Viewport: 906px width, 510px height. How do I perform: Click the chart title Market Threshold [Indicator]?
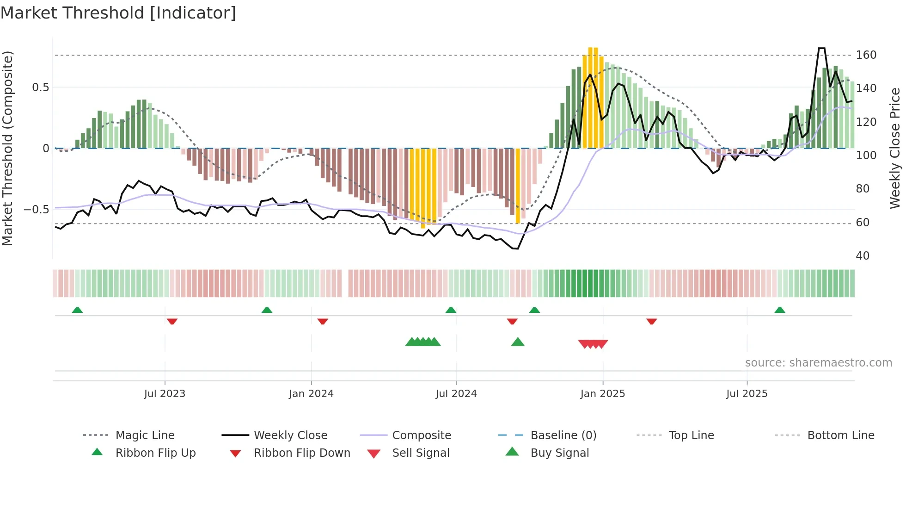pos(118,13)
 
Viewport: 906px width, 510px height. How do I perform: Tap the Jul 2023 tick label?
pos(165,394)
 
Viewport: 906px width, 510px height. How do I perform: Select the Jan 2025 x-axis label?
pos(602,394)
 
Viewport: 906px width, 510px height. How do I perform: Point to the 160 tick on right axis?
pos(866,55)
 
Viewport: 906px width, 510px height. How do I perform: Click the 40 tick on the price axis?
pos(863,256)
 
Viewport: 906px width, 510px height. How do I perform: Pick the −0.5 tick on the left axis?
pos(37,210)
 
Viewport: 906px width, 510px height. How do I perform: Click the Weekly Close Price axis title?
pos(895,148)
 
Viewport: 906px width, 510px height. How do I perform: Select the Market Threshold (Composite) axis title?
pos(7,148)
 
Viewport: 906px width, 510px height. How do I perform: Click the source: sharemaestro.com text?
pos(818,363)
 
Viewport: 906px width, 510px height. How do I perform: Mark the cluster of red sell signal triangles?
pos(593,344)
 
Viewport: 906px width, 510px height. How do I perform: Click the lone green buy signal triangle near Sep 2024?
pos(518,342)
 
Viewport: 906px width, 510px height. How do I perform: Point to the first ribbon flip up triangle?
pos(77,310)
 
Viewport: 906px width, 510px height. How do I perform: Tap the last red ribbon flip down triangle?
pos(652,321)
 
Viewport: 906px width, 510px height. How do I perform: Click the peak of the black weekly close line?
pos(821,48)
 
